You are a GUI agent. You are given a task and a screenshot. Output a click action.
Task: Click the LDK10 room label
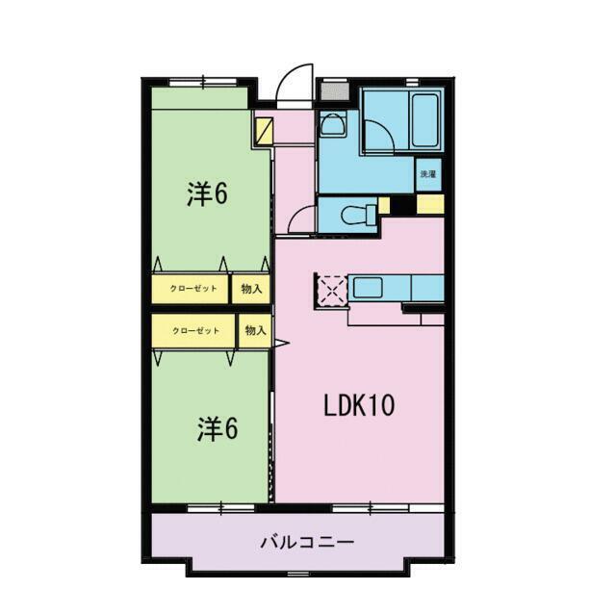pos(358,406)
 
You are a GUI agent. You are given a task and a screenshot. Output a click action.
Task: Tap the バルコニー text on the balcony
pos(307,542)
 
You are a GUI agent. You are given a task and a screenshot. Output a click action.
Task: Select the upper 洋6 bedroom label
pos(207,194)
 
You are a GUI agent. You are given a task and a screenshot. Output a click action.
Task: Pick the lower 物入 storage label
pos(255,331)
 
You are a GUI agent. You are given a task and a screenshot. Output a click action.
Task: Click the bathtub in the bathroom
pos(424,120)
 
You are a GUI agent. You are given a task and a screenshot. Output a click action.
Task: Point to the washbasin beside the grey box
pos(332,123)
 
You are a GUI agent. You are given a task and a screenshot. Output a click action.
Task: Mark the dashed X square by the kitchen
pos(332,288)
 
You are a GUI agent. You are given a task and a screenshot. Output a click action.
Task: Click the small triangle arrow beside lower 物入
pos(281,342)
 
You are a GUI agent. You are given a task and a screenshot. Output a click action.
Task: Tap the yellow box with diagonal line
pos(263,130)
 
